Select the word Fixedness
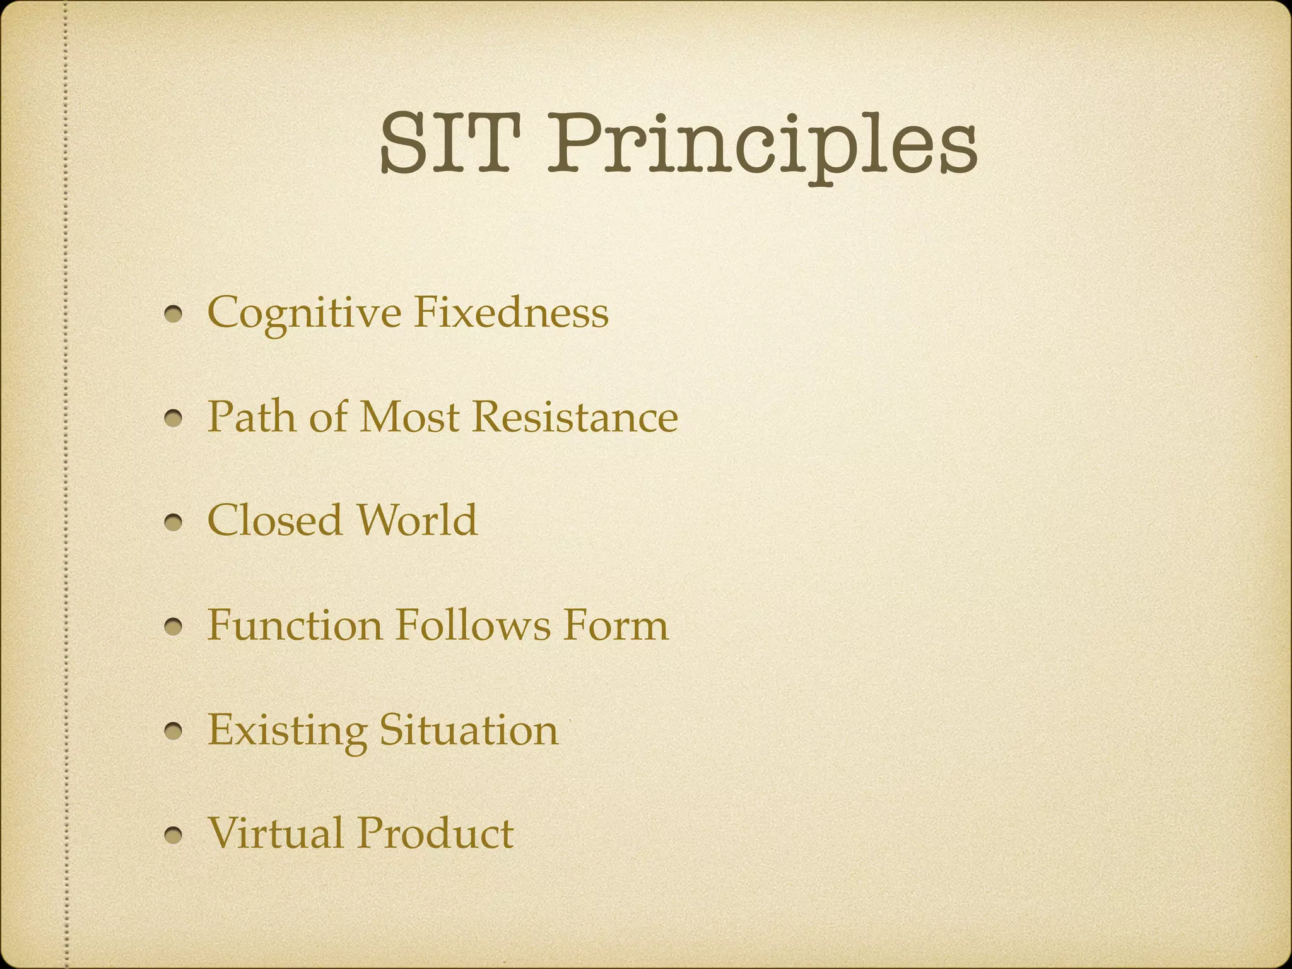(511, 312)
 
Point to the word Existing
(287, 730)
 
